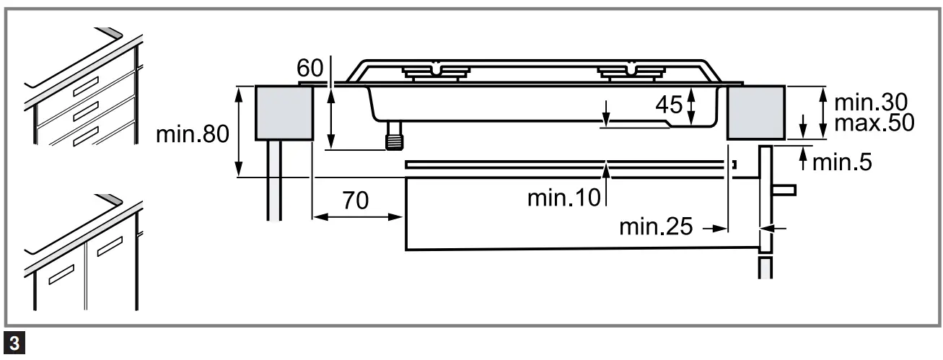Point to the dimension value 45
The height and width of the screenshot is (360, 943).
pyautogui.click(x=669, y=105)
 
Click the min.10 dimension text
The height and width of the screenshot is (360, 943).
pyautogui.click(x=563, y=197)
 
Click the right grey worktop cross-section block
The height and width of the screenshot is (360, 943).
pyautogui.click(x=755, y=112)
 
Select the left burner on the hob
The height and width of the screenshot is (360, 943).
pyautogui.click(x=435, y=71)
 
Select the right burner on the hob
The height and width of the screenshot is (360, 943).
pyautogui.click(x=630, y=71)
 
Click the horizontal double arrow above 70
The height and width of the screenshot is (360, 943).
pyautogui.click(x=357, y=216)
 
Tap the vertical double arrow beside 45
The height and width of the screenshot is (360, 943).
pyautogui.click(x=691, y=106)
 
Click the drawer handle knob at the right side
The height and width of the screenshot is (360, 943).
pyautogui.click(x=785, y=190)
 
